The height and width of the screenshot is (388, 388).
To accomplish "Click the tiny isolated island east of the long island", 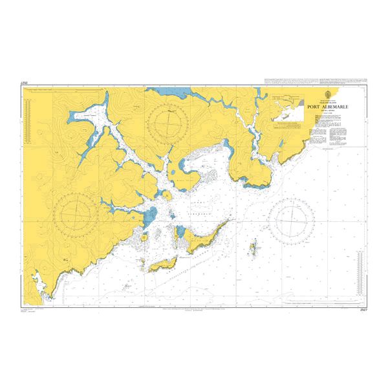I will (253, 246).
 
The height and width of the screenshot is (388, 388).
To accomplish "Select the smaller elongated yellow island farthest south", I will (165, 264).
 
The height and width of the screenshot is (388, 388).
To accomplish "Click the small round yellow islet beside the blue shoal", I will (157, 233).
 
